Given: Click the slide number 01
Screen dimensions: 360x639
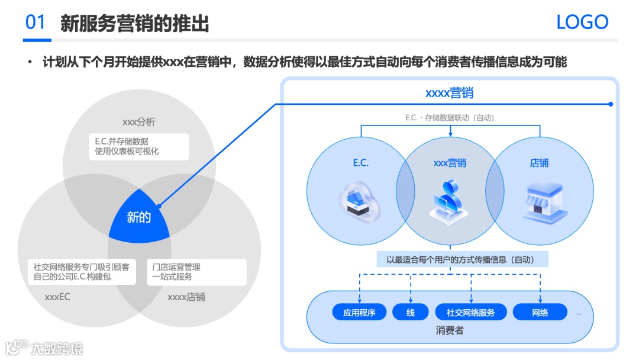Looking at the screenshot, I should click(x=35, y=22).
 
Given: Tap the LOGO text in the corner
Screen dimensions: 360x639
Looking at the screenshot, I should click(x=582, y=22).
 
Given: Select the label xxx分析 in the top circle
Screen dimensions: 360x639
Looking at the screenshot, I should click(x=139, y=122).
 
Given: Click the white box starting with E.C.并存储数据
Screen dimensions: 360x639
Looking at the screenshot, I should click(x=139, y=146).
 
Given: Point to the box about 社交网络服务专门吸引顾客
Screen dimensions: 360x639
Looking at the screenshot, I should click(x=82, y=272).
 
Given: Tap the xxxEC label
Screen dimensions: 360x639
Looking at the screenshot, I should click(x=57, y=297).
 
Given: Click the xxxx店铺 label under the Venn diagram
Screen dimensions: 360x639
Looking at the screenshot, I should click(x=186, y=297).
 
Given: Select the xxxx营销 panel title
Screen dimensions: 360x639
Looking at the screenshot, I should click(x=450, y=93).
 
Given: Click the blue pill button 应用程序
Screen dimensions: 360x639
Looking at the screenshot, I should click(x=359, y=313).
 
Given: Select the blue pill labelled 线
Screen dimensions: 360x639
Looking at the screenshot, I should click(x=411, y=313).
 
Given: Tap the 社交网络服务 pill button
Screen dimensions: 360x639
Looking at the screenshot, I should click(x=470, y=313).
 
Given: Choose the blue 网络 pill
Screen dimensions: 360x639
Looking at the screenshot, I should click(x=540, y=313).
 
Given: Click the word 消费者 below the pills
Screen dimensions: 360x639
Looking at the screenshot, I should click(x=450, y=330).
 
